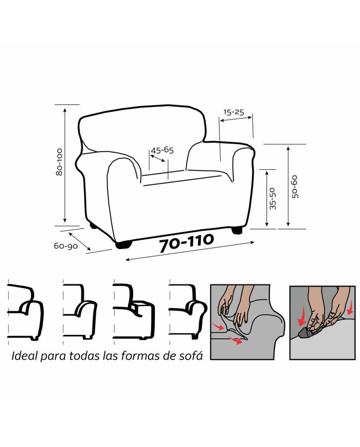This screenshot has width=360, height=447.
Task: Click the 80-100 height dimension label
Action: pos(60,162)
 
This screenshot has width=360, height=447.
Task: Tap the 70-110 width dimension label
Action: pos(186,243)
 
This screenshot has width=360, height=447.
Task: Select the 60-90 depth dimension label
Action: pos(66,246)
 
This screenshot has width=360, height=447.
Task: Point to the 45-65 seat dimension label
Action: pos(162,150)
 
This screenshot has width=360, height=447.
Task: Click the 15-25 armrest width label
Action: pos(233,112)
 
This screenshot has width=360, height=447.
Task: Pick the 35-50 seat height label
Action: pos(273,199)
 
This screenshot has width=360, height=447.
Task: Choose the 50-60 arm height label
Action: pos(295,187)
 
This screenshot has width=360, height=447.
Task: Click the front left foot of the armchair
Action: pos(124,245)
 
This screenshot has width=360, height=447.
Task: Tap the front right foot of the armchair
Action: pos(237,230)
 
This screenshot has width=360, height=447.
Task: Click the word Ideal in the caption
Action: pos(24,356)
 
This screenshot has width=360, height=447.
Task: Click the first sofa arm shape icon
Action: pos(26,312)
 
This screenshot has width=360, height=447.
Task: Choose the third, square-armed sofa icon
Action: pos(134,312)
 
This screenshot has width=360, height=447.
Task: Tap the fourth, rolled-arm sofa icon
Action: pos(188,312)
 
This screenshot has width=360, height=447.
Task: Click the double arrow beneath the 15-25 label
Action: pos(236,119)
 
